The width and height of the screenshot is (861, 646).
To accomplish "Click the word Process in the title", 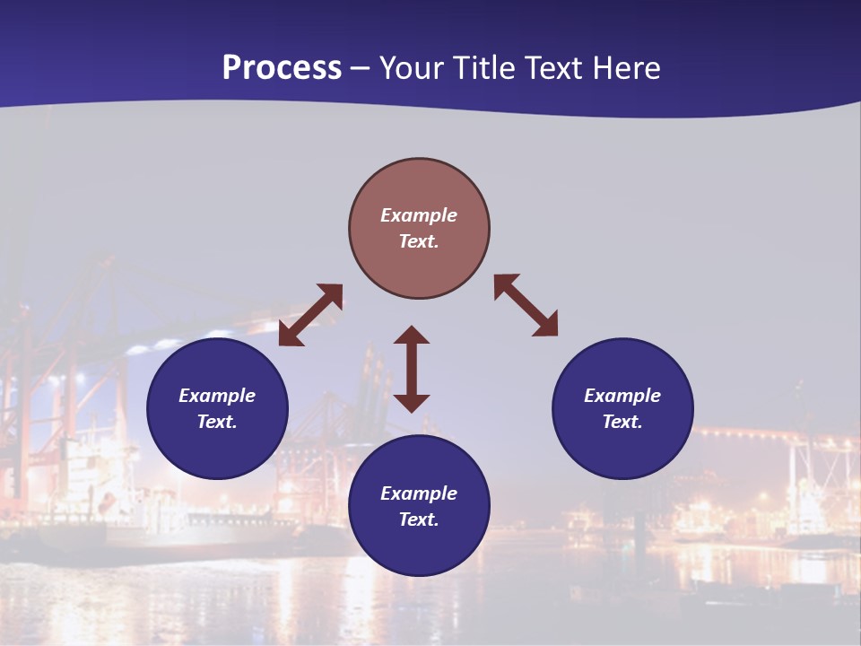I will click(x=282, y=68).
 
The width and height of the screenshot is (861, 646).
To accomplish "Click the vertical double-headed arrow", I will click(x=412, y=369).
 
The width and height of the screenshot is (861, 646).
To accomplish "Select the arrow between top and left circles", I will click(x=310, y=315).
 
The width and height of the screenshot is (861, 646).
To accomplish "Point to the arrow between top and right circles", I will click(x=526, y=306).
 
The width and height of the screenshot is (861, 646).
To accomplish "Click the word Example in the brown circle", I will click(x=419, y=215).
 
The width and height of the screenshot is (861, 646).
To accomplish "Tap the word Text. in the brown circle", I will click(x=419, y=241).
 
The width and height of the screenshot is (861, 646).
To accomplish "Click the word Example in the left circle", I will click(x=217, y=396).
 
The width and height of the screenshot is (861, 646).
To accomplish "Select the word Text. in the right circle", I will click(x=622, y=422).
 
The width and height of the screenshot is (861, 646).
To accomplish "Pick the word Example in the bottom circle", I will click(x=419, y=493).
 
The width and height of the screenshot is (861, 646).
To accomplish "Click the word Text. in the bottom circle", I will click(x=419, y=519).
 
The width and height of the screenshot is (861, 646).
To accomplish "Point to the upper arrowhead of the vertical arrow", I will click(x=412, y=335).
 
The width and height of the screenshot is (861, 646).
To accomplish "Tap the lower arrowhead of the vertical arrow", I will click(x=412, y=403).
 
